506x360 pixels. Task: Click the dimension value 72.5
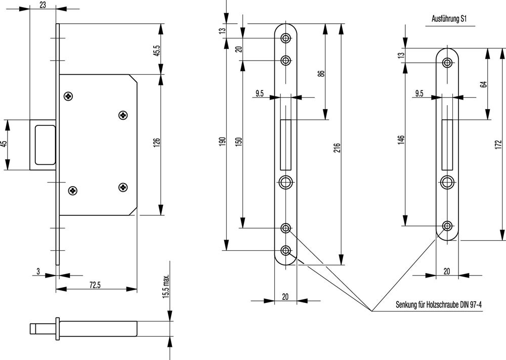coord(95,285)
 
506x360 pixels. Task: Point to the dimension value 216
coord(338,148)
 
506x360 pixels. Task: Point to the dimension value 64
coord(484,83)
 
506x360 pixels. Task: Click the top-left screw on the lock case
coord(68,96)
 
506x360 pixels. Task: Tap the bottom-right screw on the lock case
coord(123,188)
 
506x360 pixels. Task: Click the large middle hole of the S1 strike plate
coord(447,182)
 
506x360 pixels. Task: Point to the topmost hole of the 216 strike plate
coord(286,38)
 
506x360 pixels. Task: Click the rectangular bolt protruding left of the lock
coord(43,145)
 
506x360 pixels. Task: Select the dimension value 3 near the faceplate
coord(38,272)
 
